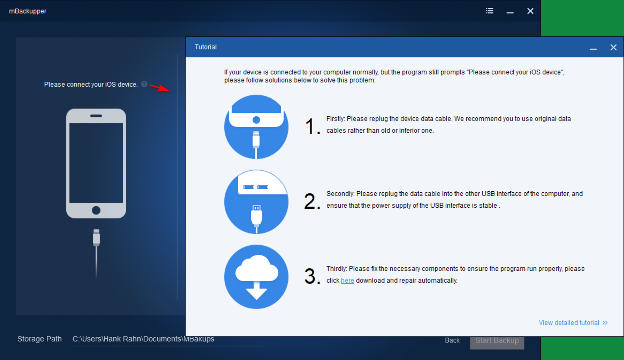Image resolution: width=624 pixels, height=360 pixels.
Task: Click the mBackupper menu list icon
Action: [x=489, y=11]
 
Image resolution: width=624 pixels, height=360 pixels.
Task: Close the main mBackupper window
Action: [x=530, y=11]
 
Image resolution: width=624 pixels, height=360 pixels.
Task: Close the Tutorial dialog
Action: [x=613, y=47]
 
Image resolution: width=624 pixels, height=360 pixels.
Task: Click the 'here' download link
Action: [x=347, y=280]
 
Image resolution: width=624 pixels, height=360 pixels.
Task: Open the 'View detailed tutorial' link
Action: [x=573, y=323]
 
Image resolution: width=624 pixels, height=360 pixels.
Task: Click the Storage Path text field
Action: [x=167, y=339]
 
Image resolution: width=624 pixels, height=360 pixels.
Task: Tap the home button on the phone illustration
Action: [x=96, y=210]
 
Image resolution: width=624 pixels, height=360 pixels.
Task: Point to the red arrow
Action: [x=160, y=87]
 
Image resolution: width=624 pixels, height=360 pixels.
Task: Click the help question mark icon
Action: [x=144, y=84]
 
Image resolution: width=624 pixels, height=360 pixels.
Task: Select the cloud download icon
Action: [x=256, y=277]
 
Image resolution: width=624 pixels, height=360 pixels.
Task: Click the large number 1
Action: [x=312, y=127]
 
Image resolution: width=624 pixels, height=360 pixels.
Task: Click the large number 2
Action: [x=312, y=202]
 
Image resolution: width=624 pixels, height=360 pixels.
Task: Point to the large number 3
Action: [x=312, y=277]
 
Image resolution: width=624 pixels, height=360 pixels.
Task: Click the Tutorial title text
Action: [x=206, y=47]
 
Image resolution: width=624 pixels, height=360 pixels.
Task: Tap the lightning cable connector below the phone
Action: [x=96, y=237]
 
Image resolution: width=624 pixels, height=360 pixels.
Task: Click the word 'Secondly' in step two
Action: [x=340, y=194]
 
